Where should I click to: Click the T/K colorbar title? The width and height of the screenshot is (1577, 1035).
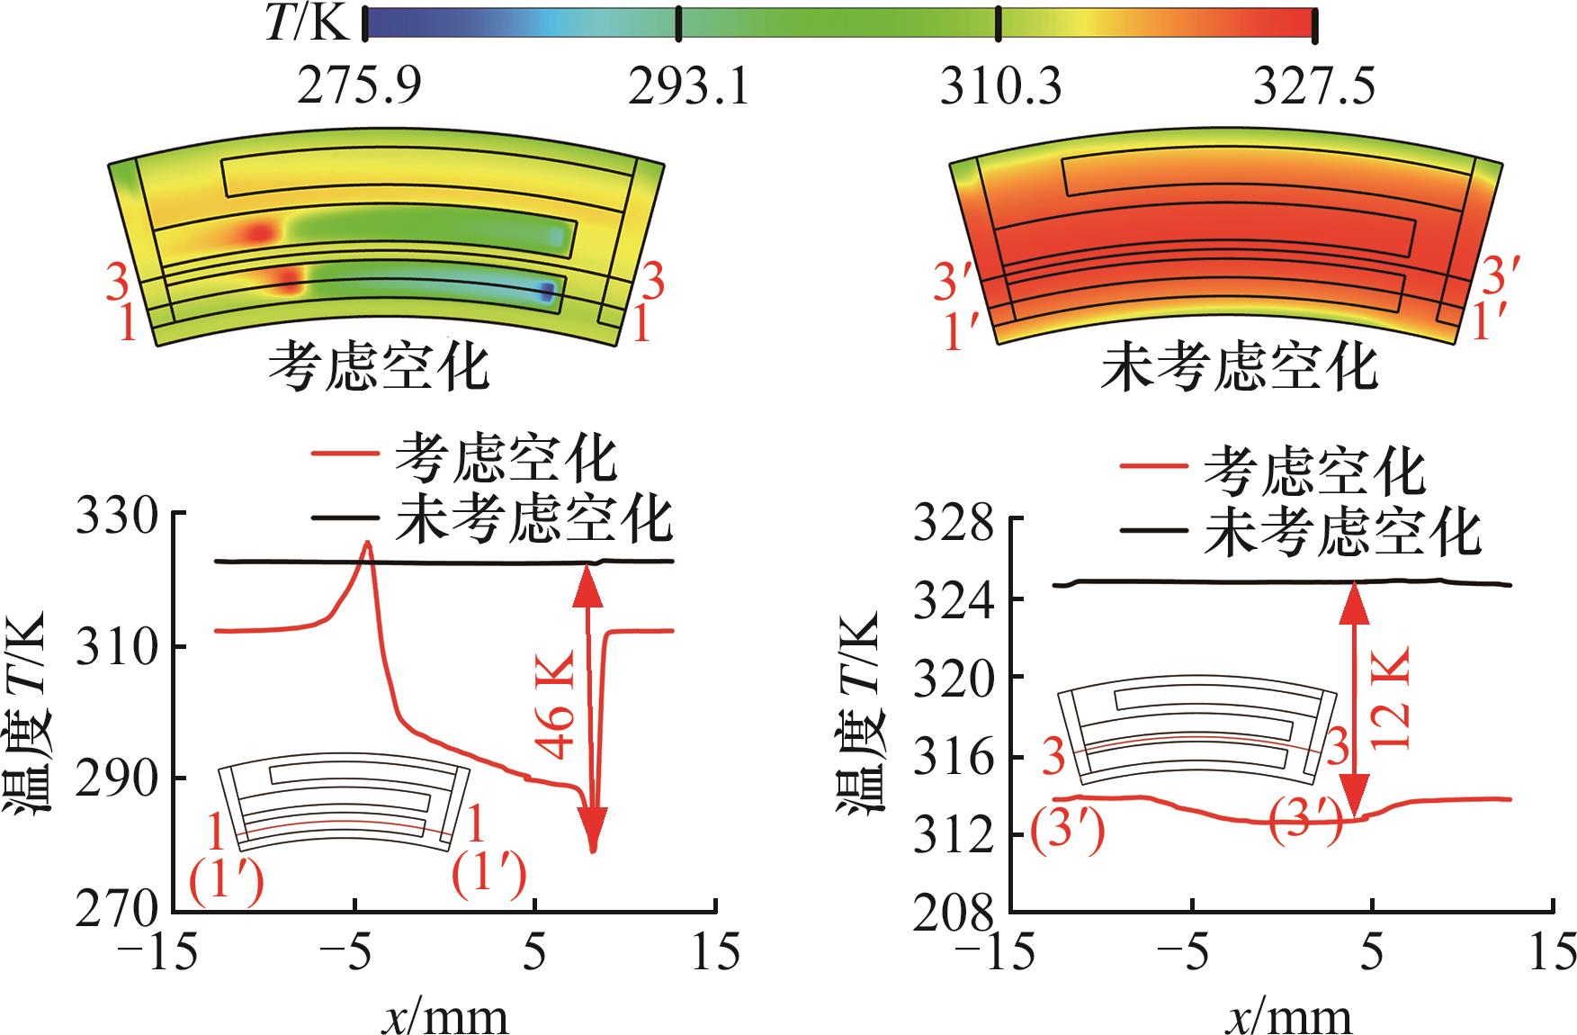(307, 24)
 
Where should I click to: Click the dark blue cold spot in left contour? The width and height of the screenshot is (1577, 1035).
(546, 291)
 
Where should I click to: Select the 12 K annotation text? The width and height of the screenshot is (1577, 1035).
(1388, 698)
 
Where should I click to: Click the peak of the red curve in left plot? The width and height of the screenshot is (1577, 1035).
(366, 543)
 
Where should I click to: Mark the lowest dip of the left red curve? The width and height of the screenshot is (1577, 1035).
(592, 850)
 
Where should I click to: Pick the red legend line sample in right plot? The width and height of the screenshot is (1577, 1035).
(1152, 466)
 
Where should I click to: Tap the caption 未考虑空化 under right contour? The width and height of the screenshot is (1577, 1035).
(1239, 366)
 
